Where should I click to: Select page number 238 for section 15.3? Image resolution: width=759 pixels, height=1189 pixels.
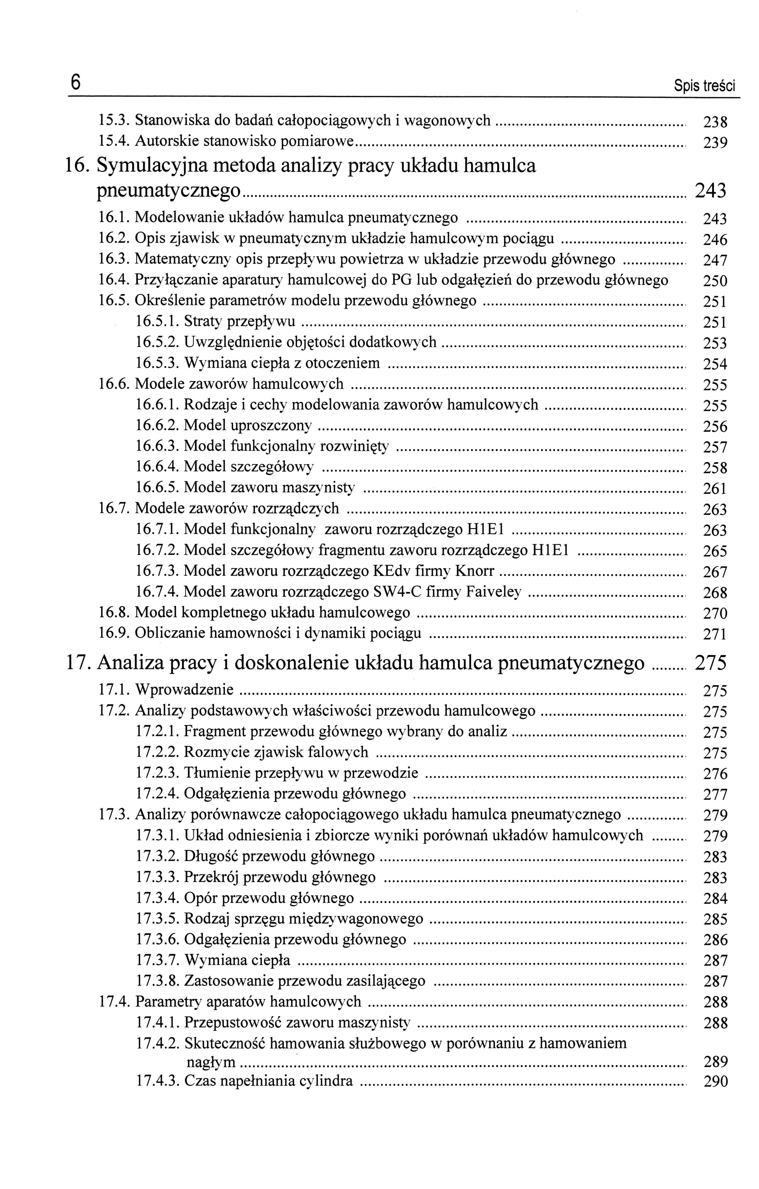click(715, 122)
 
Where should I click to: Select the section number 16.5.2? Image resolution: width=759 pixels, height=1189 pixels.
click(157, 342)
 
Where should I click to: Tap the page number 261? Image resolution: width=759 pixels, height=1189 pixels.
click(715, 489)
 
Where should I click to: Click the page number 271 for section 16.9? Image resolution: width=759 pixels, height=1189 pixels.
click(715, 634)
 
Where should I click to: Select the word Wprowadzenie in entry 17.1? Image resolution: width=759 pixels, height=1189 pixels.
click(184, 689)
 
